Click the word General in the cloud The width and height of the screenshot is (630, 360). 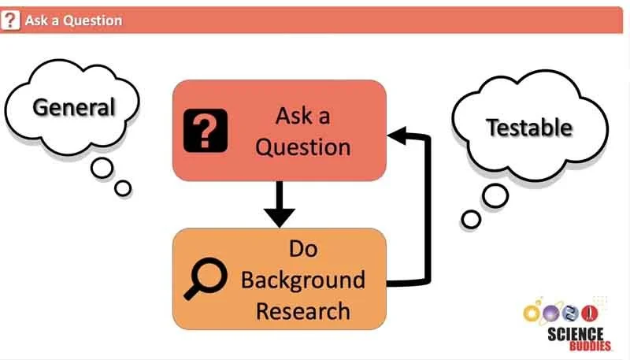[73, 106]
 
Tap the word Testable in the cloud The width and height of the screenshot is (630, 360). [528, 127]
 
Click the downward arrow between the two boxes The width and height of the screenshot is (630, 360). [279, 205]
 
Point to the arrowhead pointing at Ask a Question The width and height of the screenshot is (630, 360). [398, 138]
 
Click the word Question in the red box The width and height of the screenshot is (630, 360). [302, 147]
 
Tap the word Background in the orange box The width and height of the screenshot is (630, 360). [302, 280]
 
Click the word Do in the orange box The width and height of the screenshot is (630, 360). [302, 249]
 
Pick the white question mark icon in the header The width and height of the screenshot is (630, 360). [10, 20]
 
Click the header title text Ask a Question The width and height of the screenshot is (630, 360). [73, 20]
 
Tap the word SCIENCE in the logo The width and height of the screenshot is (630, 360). [575, 334]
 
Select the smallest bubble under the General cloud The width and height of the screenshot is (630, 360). [123, 187]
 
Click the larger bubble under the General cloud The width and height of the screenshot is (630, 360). [102, 167]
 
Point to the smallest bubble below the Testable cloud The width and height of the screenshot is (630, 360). [471, 218]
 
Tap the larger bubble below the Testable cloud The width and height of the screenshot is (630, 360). [495, 196]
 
